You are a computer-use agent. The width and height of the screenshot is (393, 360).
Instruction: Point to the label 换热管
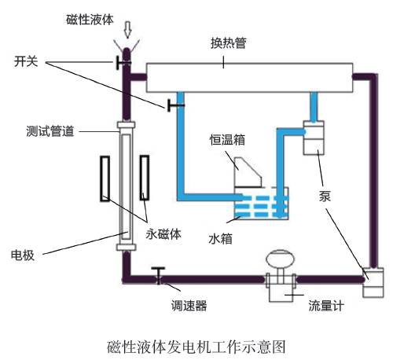click(x=230, y=44)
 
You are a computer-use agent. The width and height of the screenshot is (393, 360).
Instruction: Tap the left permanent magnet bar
click(x=104, y=178)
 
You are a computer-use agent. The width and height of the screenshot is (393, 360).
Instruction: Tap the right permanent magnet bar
click(x=145, y=178)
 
